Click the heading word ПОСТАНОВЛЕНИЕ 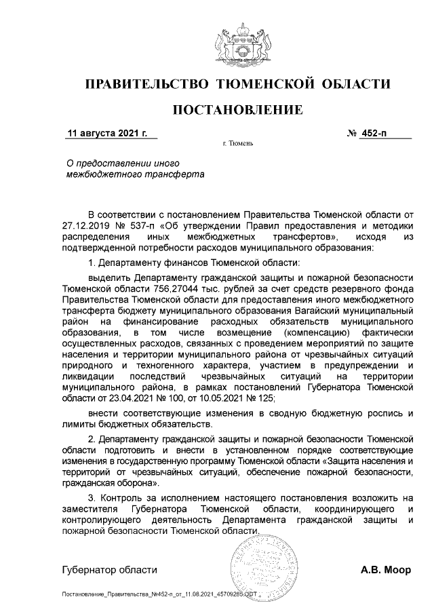tap(237, 109)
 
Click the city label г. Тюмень tap(237, 145)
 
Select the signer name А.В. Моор tap(386, 570)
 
